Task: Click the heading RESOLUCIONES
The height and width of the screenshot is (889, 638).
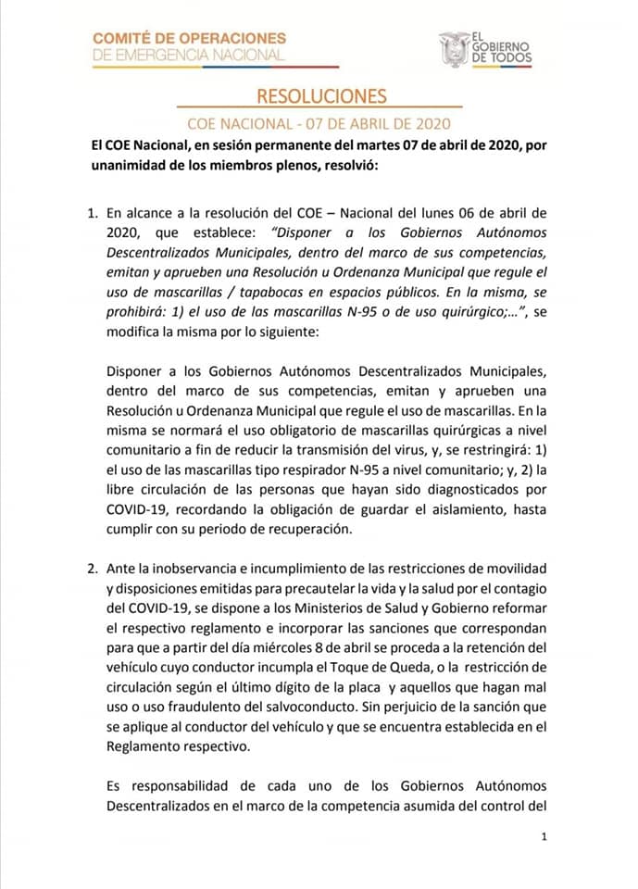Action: point(320,96)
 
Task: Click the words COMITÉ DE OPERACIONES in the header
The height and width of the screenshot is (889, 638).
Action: point(190,38)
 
